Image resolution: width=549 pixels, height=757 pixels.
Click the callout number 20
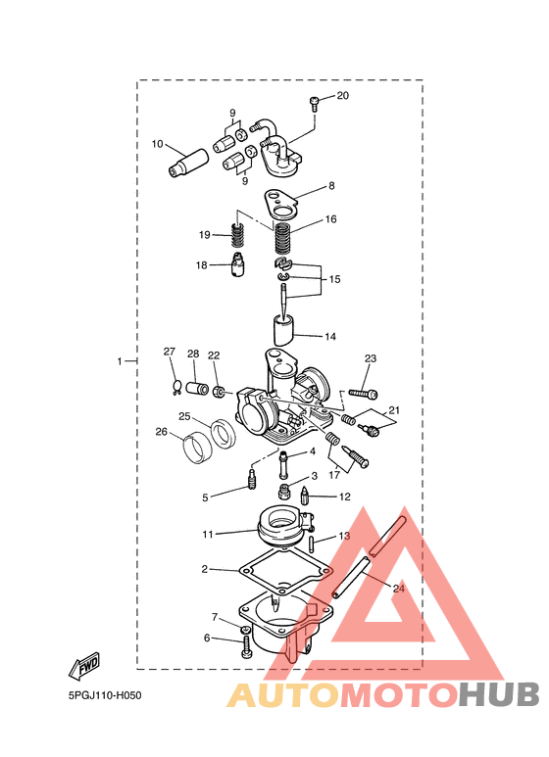click(x=343, y=96)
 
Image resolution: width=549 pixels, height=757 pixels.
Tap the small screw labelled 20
click(x=314, y=104)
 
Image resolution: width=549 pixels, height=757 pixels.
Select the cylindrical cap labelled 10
click(x=188, y=164)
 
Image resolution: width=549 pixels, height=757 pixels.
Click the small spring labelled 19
click(x=236, y=237)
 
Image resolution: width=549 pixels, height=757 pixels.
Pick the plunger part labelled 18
click(x=238, y=265)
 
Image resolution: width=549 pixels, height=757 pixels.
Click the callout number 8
click(x=331, y=185)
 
